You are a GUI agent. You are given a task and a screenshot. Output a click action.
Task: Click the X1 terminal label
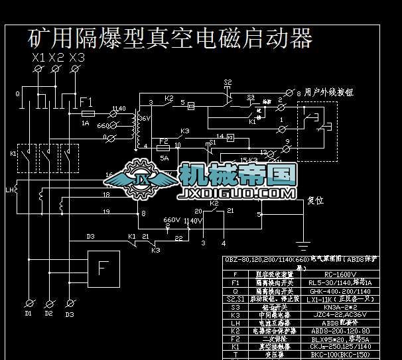pyautogui.click(x=38, y=58)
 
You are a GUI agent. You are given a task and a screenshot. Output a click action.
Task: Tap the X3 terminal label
pyautogui.click(x=77, y=58)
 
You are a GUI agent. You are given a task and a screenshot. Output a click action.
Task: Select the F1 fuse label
pyautogui.click(x=87, y=103)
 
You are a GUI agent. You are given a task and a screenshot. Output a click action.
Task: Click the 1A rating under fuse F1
pyautogui.click(x=85, y=123)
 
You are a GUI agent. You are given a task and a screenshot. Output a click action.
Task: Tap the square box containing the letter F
pyautogui.click(x=102, y=269)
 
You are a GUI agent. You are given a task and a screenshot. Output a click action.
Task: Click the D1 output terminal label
pyautogui.click(x=27, y=314)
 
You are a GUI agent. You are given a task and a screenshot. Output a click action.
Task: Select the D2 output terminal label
pyautogui.click(x=48, y=314)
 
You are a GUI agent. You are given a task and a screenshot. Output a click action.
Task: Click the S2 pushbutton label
pyautogui.click(x=228, y=82)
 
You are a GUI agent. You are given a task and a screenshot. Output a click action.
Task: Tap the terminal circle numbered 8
pyautogui.click(x=289, y=91)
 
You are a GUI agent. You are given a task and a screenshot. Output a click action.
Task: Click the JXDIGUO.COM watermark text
pyautogui.click(x=236, y=194)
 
